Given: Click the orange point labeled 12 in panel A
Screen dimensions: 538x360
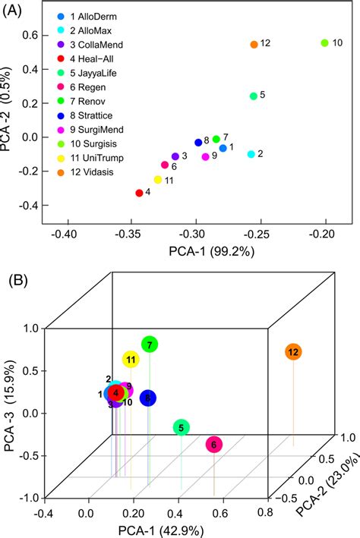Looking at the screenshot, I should (254, 45).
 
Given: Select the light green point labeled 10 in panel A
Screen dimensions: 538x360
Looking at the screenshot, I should (324, 43).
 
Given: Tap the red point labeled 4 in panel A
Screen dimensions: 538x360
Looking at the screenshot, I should (139, 193).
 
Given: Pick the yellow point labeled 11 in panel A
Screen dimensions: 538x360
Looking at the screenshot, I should (158, 180).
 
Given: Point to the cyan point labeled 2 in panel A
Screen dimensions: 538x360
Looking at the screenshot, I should (251, 154).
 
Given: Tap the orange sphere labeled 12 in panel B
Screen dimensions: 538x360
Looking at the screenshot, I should (293, 352).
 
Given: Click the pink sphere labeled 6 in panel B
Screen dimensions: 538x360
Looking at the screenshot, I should (213, 445).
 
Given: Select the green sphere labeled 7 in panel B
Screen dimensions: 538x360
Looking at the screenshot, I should (150, 345).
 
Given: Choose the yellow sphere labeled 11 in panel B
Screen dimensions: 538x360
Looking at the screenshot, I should (131, 360).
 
